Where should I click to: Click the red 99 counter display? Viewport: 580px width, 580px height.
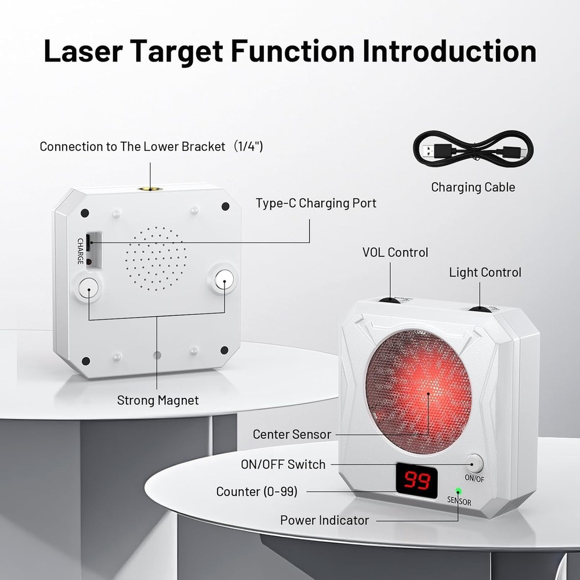coord(416,480)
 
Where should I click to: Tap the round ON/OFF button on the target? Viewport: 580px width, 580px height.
coord(474,463)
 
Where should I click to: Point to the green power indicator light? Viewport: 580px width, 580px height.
coord(458,491)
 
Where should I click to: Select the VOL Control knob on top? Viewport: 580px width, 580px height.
coord(389,300)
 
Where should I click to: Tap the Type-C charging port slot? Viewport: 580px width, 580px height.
coord(88,242)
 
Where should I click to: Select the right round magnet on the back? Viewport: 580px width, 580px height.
coord(224,280)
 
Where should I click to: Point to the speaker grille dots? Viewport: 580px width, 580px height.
coord(156,259)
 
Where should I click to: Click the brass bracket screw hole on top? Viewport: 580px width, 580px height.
coord(150,188)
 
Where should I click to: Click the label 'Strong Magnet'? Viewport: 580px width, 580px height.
coord(158,400)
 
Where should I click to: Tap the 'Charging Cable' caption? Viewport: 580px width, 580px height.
coord(473,187)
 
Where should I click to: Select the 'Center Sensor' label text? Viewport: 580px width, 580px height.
coord(292,434)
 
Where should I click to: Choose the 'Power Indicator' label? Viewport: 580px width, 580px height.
coord(324,520)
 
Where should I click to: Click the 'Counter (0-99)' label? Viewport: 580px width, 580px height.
coord(256,492)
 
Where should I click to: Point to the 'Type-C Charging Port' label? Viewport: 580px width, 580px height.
coord(316,204)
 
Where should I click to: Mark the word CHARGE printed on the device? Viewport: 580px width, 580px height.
coord(81,251)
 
